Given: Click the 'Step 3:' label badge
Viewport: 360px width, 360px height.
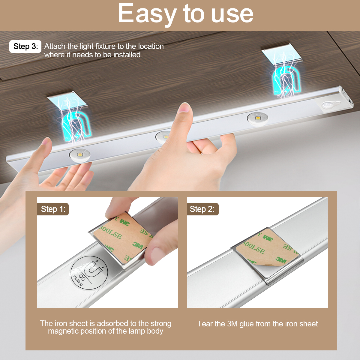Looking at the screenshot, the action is click(25, 46).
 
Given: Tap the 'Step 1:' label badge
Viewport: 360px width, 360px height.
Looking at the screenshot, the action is click(53, 209).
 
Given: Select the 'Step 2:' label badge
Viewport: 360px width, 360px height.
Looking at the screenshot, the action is click(203, 209).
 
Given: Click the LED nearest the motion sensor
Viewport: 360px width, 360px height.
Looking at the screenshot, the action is click(257, 118).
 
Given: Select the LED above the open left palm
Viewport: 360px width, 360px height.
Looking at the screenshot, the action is click(80, 155).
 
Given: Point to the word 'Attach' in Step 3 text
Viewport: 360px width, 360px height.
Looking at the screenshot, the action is click(55, 46).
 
